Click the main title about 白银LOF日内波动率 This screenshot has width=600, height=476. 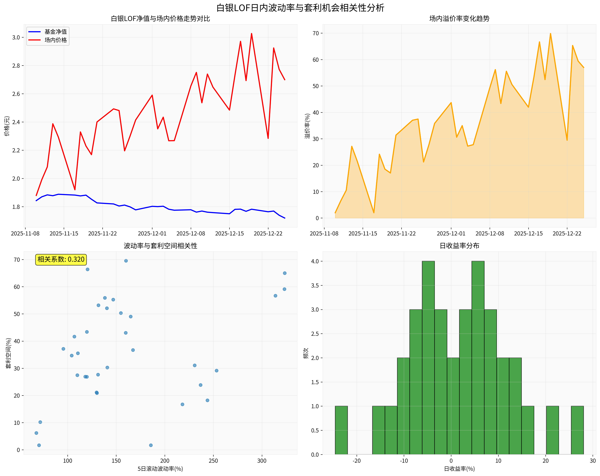300,8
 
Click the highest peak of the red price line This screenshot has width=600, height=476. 252,34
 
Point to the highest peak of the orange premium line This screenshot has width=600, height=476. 550,34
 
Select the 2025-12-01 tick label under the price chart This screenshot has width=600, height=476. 152,234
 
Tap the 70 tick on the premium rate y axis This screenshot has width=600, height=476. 316,33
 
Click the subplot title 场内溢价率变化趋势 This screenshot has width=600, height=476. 459,19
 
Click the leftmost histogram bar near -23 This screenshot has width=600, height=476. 341,430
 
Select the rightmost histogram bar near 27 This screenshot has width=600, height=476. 577,430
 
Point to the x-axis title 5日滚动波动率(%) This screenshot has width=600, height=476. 160,469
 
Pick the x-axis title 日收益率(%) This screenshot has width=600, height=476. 459,469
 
